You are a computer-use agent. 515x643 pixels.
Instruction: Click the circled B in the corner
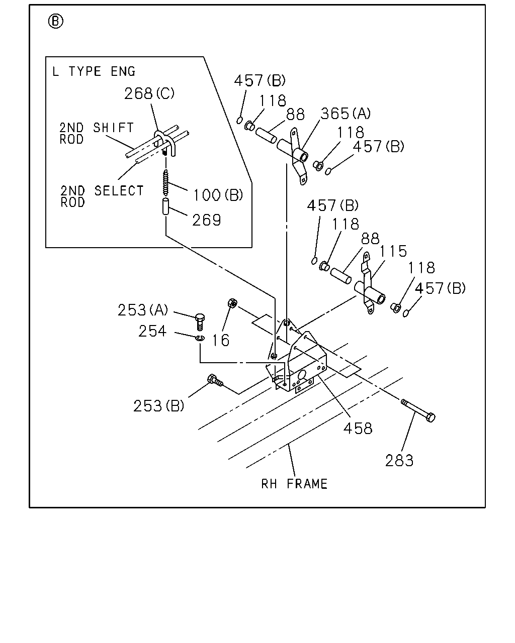click(x=56, y=22)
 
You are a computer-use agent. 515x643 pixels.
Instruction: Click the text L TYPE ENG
click(x=94, y=72)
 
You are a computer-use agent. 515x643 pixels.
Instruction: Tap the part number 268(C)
click(x=149, y=93)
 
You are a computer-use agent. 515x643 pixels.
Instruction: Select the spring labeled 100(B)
click(x=165, y=182)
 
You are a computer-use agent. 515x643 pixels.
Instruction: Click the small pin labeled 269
click(x=165, y=206)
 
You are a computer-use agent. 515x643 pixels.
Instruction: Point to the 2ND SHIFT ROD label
click(x=97, y=133)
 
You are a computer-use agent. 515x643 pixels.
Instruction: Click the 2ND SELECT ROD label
click(x=102, y=196)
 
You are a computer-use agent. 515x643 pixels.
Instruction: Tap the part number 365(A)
click(x=346, y=114)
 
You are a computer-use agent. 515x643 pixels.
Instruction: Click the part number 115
click(x=393, y=251)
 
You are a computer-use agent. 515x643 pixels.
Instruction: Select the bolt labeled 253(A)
click(x=200, y=321)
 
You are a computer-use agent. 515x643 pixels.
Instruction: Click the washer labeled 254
click(x=200, y=338)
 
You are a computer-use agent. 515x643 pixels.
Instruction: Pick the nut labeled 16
click(x=232, y=303)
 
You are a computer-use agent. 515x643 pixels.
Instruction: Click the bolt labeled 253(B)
click(x=215, y=380)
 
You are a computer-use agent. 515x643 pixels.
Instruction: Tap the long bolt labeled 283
click(x=418, y=410)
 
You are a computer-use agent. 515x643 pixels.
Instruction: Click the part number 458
click(x=358, y=429)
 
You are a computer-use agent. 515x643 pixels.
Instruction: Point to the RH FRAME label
click(x=294, y=484)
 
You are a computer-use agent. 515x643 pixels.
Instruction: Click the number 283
click(x=399, y=461)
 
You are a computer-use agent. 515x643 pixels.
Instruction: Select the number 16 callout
click(x=221, y=340)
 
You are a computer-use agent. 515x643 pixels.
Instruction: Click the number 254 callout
click(x=152, y=332)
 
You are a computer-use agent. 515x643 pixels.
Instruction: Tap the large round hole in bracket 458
click(x=302, y=375)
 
